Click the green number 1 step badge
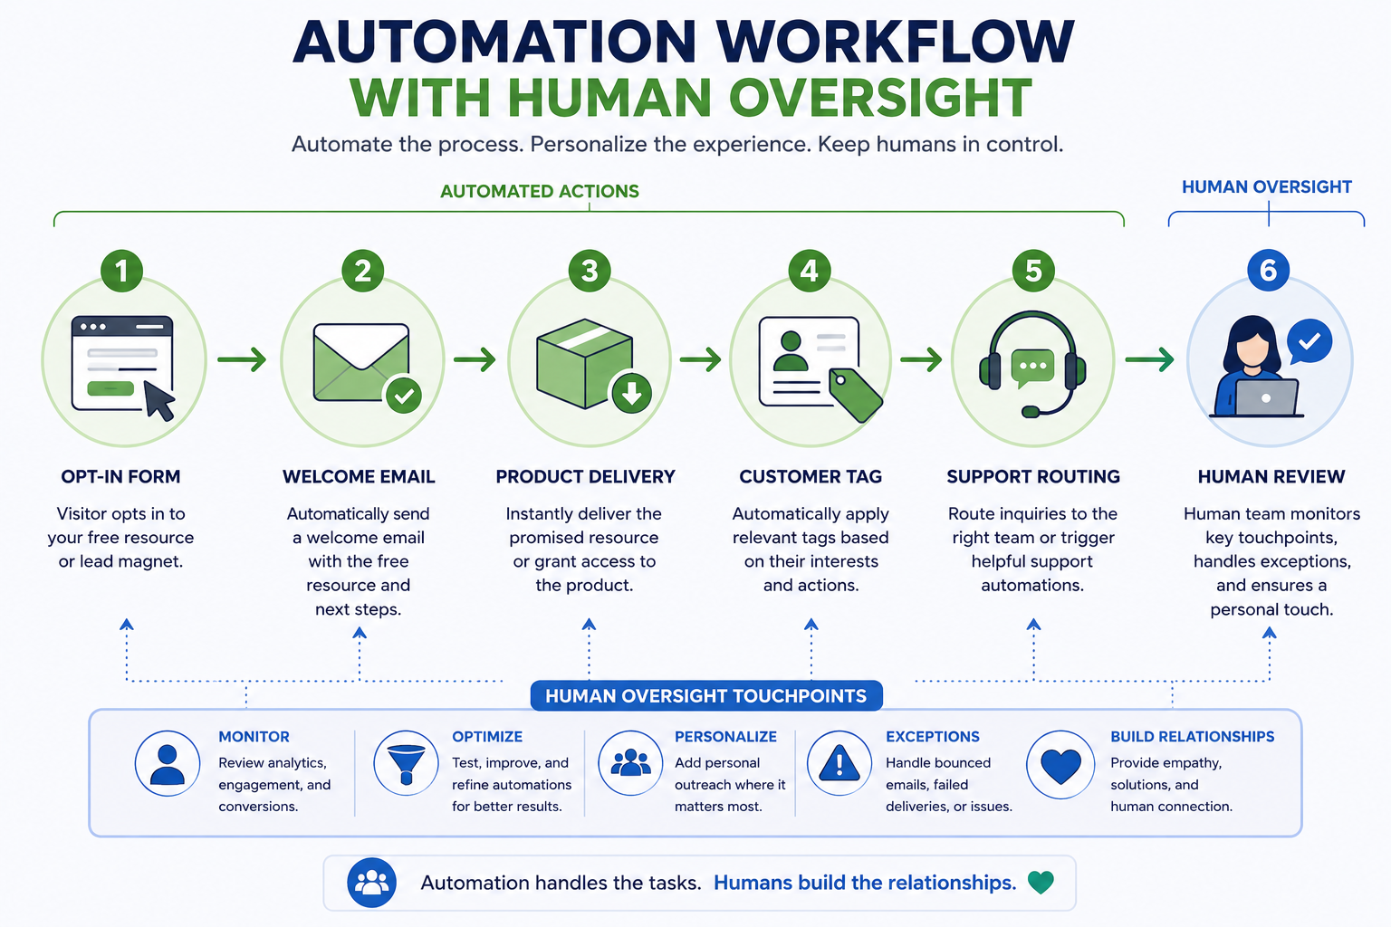[121, 271]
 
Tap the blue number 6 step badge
[1268, 270]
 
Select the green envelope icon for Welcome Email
[361, 363]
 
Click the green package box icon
[584, 363]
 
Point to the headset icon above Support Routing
[1032, 363]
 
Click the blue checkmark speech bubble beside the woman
[1309, 341]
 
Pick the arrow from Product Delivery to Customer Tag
[700, 359]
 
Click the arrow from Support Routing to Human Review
[1149, 359]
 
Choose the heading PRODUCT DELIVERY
[585, 477]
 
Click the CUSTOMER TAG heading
[811, 477]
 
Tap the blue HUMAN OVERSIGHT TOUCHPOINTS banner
[706, 696]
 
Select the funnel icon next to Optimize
[406, 764]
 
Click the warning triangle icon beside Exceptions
[839, 763]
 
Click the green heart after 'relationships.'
[1041, 883]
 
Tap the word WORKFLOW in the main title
[894, 43]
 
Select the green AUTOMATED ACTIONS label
[540, 191]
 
